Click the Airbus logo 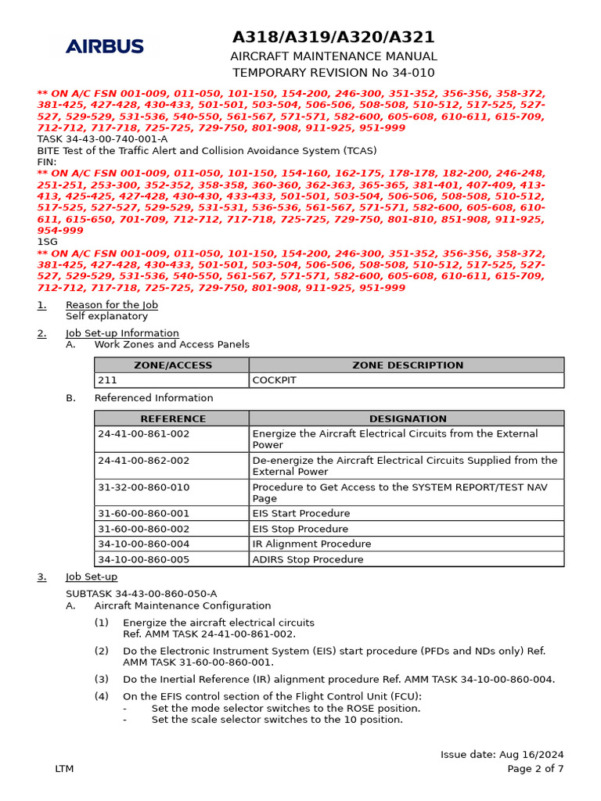click(105, 46)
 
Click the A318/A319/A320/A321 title click(333, 38)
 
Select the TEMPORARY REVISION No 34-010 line click(333, 72)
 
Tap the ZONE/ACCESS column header click(172, 365)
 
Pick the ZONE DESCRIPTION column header click(407, 365)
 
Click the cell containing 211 click(108, 380)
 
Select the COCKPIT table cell click(274, 380)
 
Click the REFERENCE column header click(172, 418)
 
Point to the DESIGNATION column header click(407, 418)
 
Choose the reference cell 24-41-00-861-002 click(144, 433)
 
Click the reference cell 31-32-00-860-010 click(144, 487)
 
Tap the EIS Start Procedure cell click(301, 514)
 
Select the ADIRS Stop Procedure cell click(308, 559)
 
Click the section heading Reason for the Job click(112, 305)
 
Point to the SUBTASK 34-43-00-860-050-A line click(142, 594)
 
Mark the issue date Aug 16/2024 click(502, 755)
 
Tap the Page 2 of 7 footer click(535, 769)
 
